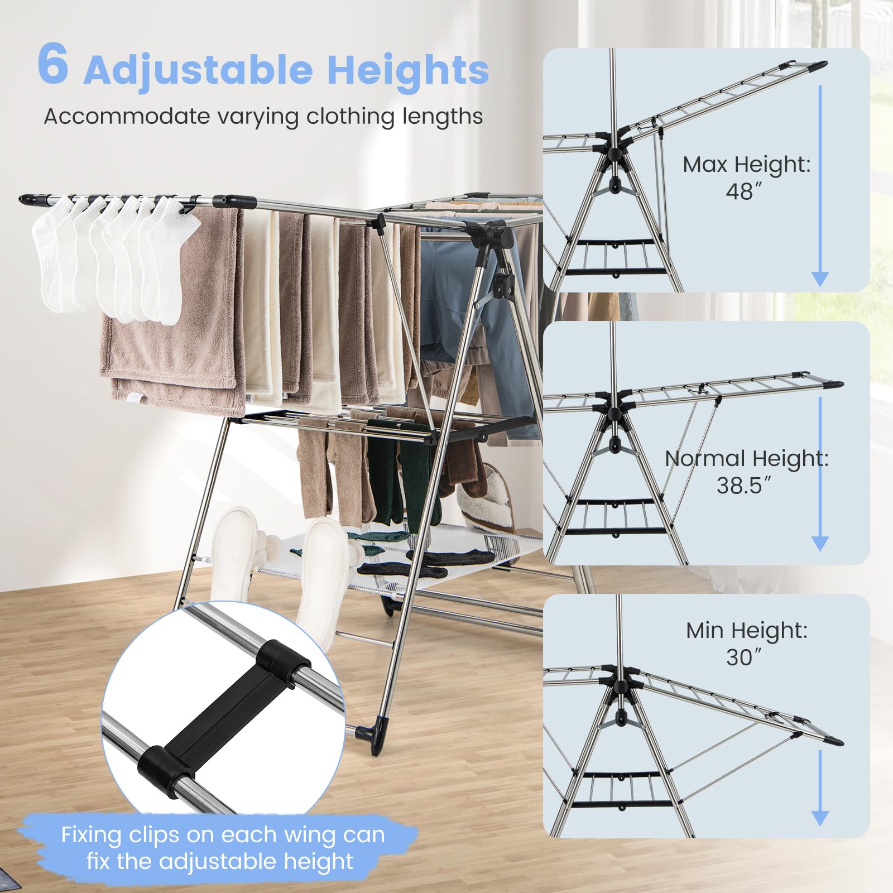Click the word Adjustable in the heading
pos(198,71)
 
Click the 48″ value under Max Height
pos(743,192)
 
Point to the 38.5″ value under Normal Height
pos(743,486)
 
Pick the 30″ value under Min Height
pos(743,657)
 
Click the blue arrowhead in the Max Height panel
pos(820,279)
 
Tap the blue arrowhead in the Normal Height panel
pos(820,543)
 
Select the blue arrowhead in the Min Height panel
pos(820,818)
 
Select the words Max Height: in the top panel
pos(746,165)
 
